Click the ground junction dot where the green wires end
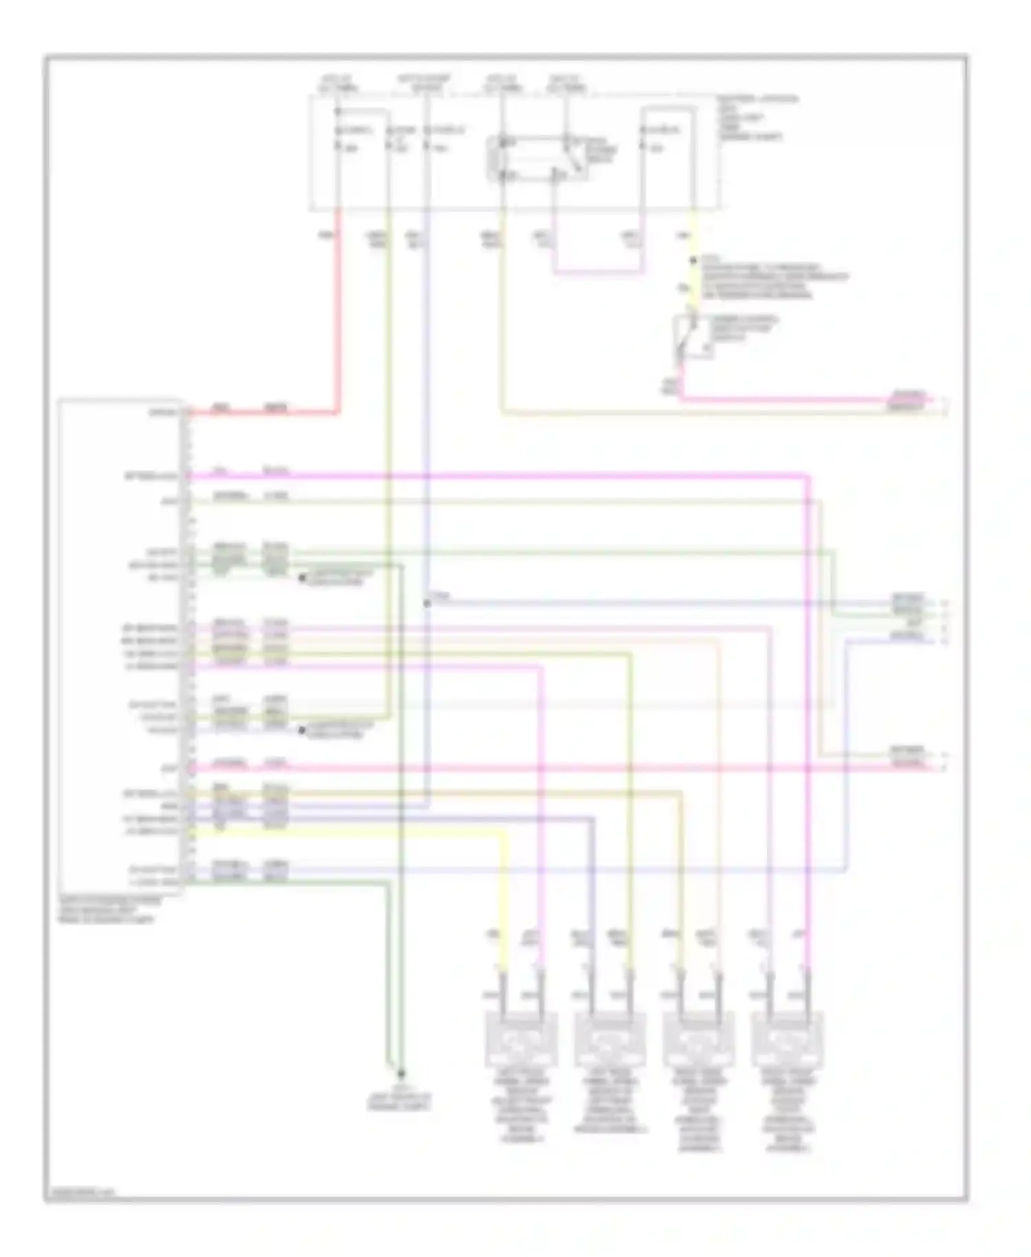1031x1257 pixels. [x=401, y=1073]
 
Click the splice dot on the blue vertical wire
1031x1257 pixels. [x=427, y=603]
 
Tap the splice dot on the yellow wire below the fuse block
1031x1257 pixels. [x=694, y=261]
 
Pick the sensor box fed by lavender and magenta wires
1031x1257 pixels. [x=788, y=1038]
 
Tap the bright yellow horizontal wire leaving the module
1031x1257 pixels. [x=344, y=832]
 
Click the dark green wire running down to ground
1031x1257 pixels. [x=388, y=976]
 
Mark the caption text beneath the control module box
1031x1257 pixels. [x=110, y=910]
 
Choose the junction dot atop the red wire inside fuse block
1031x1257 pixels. [x=337, y=111]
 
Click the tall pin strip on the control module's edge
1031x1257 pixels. [x=188, y=646]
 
